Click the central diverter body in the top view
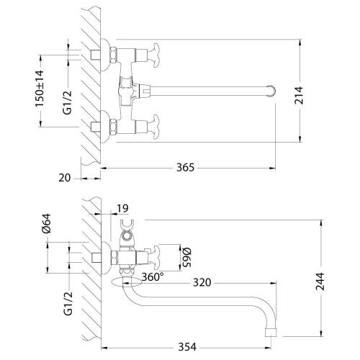[130, 91]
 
